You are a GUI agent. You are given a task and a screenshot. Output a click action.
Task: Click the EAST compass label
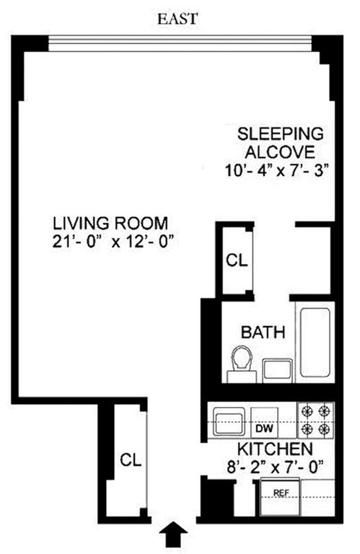point(177,19)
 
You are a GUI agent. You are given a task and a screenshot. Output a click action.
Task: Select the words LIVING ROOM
point(110,224)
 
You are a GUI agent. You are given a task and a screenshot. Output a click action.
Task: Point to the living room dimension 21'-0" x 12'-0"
point(113,242)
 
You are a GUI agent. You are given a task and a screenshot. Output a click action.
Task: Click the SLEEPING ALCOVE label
point(280,143)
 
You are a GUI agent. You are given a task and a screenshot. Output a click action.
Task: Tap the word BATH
point(263,332)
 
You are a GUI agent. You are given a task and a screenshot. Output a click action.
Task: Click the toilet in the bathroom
point(241,364)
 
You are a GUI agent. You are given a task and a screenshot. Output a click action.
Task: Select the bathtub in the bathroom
point(315,343)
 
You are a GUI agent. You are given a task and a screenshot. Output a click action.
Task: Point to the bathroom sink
point(278,370)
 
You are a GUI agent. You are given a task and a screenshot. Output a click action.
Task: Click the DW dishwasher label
point(264,428)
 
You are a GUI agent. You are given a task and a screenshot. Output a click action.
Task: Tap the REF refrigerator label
point(281,493)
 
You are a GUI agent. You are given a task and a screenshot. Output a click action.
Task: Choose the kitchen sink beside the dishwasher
point(229,422)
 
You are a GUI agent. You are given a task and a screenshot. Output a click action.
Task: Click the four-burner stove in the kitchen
point(315,420)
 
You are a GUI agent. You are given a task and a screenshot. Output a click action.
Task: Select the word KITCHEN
point(275,449)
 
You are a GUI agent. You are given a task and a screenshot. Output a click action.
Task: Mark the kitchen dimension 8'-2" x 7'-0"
point(275,467)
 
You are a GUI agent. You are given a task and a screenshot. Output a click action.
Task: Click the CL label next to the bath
point(237,260)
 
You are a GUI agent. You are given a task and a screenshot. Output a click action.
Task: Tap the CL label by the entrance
point(131,460)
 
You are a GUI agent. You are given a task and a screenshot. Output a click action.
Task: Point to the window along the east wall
point(180,43)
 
